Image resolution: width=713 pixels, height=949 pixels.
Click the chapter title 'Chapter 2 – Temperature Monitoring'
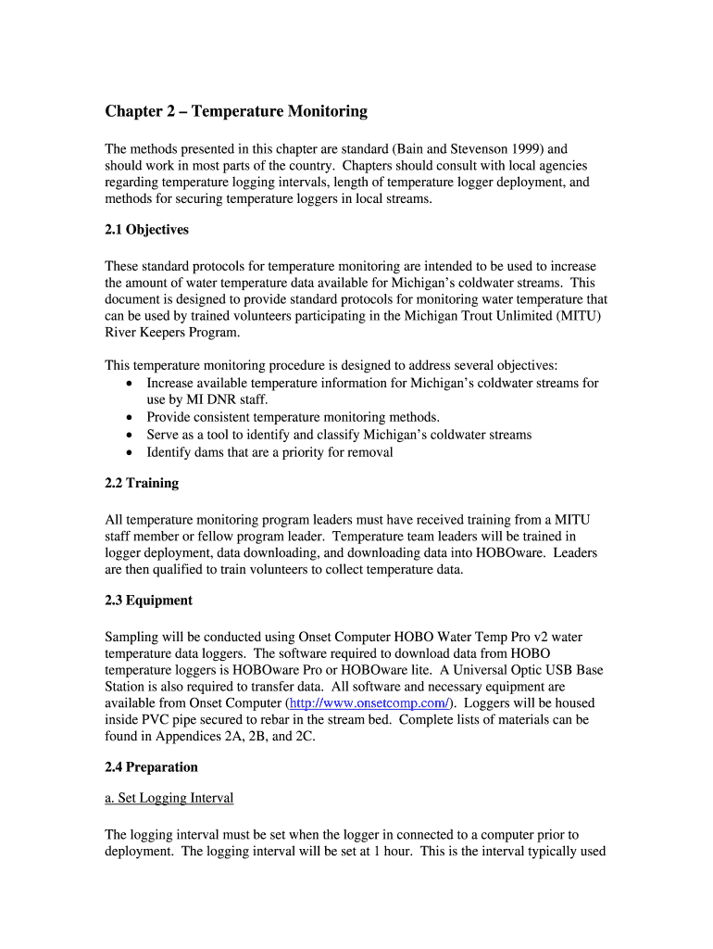(236, 112)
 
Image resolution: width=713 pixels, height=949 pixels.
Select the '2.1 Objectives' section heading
(146, 230)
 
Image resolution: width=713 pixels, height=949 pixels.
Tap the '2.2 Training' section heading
(142, 484)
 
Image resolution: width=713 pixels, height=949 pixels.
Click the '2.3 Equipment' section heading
(148, 601)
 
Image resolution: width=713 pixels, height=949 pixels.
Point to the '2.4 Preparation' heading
(151, 767)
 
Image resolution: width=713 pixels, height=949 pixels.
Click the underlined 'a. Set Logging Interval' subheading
(169, 798)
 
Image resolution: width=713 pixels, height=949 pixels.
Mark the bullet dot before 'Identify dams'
(129, 453)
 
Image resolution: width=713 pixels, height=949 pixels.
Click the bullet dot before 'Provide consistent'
(129, 418)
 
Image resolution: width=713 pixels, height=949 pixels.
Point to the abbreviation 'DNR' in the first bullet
(201, 400)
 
